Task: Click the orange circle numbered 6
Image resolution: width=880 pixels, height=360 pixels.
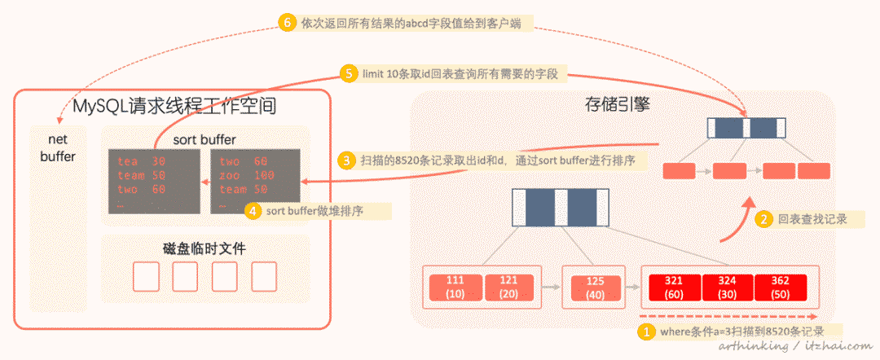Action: (286, 23)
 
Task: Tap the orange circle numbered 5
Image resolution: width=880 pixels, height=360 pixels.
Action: (350, 74)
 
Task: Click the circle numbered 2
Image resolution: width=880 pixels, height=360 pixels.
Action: (764, 218)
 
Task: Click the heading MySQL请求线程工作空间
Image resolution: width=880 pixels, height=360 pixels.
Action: (172, 106)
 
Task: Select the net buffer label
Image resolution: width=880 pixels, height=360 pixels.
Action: (57, 147)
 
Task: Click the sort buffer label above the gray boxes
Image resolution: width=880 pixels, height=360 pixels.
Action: (205, 139)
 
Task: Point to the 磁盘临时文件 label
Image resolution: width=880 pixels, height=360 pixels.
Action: (205, 248)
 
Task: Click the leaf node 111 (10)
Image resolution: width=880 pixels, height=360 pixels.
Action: (455, 287)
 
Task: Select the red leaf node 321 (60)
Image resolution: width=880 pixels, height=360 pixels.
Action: (673, 287)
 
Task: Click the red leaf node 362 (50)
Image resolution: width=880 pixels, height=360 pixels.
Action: (781, 287)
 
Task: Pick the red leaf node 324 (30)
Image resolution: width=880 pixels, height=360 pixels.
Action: (727, 287)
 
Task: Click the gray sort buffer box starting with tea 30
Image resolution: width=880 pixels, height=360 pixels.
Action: (155, 182)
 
